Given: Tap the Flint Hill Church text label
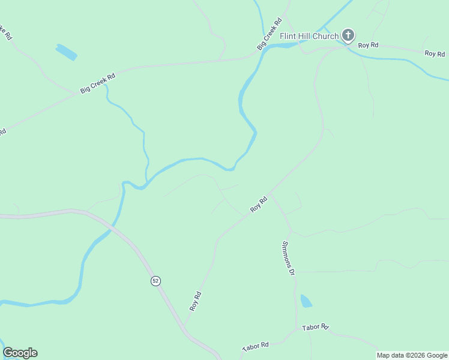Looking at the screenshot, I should coord(309,36).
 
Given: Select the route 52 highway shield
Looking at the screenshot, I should coord(155,281).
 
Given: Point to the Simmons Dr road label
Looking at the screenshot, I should coord(289,258).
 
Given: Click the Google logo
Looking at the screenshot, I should coord(20,353).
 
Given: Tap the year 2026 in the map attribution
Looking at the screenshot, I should coord(413,355).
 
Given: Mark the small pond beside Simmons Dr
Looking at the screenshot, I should coord(306,301).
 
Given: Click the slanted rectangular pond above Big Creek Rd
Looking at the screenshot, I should coord(66,52).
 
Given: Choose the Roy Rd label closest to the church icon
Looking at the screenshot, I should coord(368,45).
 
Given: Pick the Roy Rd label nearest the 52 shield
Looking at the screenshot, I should coord(195,301).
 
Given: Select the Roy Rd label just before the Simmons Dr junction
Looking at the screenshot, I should coord(259,205).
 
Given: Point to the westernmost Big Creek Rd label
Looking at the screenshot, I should coord(97,83).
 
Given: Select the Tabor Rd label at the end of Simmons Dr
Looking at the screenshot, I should coord(315,327).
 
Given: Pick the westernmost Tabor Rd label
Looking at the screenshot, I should coord(255,347).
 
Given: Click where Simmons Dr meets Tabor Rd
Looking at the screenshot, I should coord(297,329).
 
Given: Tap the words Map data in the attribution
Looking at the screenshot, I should coord(390,355).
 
